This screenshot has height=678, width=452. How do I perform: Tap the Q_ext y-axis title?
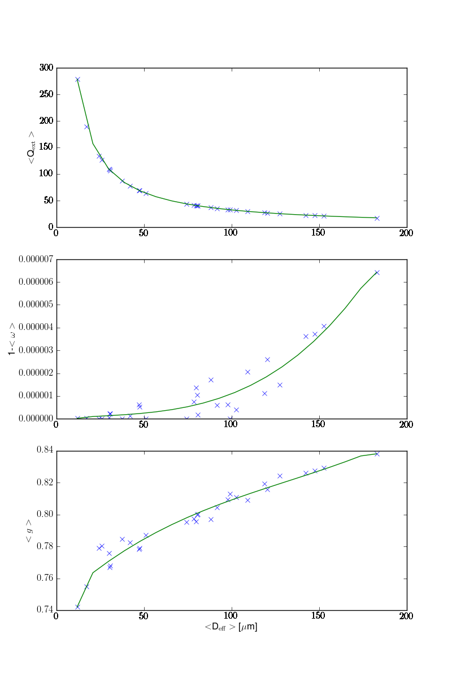tap(32, 147)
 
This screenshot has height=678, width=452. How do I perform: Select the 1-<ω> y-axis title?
tap(11, 339)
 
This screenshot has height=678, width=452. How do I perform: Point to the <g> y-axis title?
tap(28, 531)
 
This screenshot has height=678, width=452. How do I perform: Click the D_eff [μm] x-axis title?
tap(231, 627)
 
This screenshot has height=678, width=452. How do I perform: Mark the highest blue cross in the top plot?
tap(77, 80)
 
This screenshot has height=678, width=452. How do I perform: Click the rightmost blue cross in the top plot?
tap(377, 218)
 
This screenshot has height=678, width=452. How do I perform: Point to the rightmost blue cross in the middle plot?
tap(377, 272)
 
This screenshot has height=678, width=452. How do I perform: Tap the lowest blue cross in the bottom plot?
tap(77, 607)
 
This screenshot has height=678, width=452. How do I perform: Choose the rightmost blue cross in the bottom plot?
tap(377, 454)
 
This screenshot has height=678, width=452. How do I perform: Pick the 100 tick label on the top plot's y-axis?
tap(45, 174)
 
